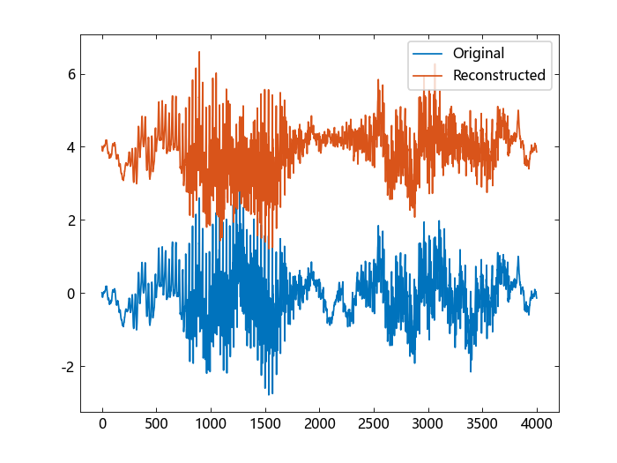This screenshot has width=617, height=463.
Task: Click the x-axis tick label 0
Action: [x=102, y=424]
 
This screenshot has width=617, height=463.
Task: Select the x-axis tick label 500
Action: [x=157, y=424]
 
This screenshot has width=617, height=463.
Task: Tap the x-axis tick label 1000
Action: [x=211, y=424]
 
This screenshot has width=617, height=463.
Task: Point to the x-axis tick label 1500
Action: [x=265, y=424]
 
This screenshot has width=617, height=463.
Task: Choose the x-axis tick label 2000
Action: [x=320, y=424]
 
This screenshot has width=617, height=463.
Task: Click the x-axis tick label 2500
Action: [x=374, y=424]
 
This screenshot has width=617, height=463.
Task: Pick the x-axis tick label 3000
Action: [x=428, y=424]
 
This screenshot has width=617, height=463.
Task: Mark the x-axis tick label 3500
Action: [x=483, y=424]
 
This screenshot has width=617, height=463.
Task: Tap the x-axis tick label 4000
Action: [x=537, y=424]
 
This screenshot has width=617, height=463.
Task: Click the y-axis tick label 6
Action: [x=68, y=74]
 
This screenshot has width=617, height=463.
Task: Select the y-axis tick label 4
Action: [x=68, y=147]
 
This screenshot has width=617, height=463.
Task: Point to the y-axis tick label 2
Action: [x=68, y=220]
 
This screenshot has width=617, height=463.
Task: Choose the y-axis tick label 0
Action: [x=68, y=294]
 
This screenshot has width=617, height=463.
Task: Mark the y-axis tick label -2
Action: [x=65, y=367]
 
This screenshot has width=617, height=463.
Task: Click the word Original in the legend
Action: [x=479, y=54]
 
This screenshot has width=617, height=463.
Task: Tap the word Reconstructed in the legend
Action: [x=499, y=76]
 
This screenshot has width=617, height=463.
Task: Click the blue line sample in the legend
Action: [x=428, y=54]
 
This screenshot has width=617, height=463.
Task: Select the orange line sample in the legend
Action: [x=428, y=76]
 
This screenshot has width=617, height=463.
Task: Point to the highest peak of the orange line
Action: [x=199, y=51]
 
